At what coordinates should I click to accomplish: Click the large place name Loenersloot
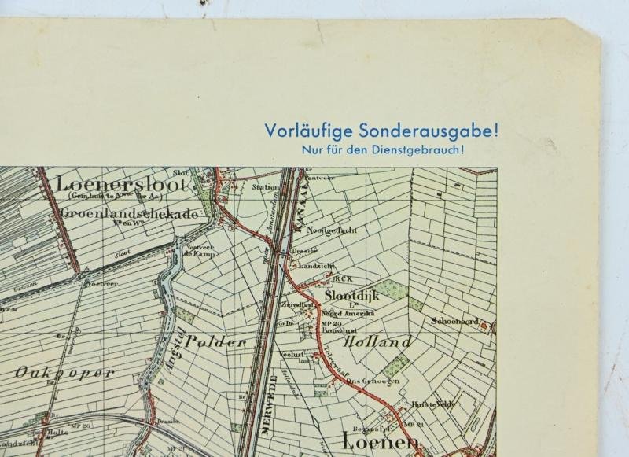[x=123, y=185]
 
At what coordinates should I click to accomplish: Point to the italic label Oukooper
[x=64, y=373]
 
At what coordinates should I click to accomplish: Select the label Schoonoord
[x=455, y=321]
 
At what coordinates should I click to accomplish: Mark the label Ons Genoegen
[x=373, y=381]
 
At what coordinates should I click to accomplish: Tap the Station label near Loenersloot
[x=265, y=188]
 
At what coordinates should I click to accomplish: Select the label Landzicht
[x=319, y=266]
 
